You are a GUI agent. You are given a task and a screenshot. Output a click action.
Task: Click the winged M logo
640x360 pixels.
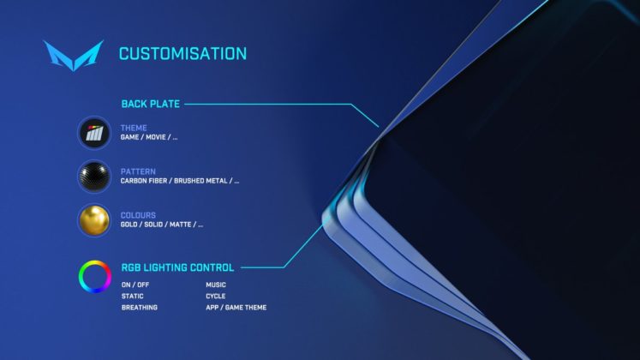tap(74, 56)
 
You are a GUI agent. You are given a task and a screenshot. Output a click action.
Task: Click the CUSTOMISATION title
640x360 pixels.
tap(182, 53)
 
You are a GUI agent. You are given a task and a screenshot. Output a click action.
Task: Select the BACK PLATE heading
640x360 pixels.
tap(151, 104)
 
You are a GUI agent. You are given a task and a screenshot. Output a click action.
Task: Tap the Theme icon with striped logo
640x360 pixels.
tap(94, 133)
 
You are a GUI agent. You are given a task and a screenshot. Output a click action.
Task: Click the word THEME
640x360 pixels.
tap(134, 128)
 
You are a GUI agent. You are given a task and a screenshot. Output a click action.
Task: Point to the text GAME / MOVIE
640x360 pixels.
tap(143, 137)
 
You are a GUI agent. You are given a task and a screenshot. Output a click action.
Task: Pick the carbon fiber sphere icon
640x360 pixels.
tap(94, 177)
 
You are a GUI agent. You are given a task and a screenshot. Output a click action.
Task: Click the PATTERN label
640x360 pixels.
tap(138, 171)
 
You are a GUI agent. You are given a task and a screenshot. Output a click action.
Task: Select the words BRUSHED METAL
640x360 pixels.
tap(200, 181)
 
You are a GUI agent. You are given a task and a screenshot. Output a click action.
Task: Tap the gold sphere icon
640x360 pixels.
tap(94, 220)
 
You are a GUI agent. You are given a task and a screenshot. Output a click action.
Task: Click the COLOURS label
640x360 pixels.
tap(138, 215)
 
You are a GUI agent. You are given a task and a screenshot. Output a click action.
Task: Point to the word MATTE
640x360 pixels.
tap(181, 225)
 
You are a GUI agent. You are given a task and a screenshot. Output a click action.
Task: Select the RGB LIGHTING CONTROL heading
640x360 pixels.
tap(177, 267)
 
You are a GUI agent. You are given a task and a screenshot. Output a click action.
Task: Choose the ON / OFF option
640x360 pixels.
tap(135, 285)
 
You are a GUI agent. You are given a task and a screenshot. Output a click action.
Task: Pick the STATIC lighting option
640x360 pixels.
tap(132, 296)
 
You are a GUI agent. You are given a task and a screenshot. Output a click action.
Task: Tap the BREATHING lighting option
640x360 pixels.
tap(139, 308)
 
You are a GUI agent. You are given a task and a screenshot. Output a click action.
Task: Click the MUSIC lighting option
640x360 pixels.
tap(216, 285)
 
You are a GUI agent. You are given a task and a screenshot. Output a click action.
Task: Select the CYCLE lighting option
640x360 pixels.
tap(216, 296)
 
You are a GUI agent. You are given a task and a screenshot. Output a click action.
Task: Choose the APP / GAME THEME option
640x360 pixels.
tap(236, 308)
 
